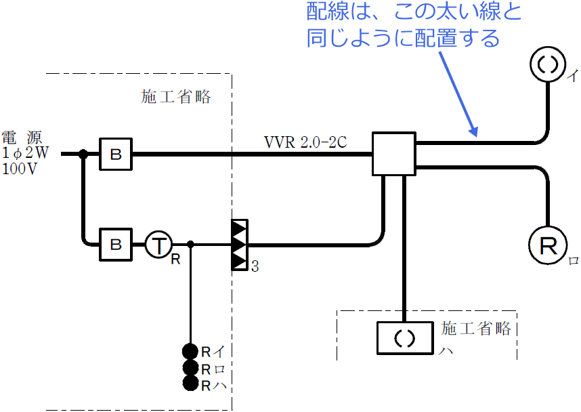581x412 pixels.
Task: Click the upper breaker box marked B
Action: [116, 154]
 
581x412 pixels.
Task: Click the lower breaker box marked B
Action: [116, 243]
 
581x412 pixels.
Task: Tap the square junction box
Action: [393, 154]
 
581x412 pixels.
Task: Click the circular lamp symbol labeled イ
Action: [547, 65]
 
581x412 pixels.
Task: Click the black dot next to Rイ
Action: [190, 351]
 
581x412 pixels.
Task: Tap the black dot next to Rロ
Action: [190, 368]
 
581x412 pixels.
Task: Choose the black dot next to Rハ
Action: [190, 384]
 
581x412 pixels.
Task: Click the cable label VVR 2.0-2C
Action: [306, 144]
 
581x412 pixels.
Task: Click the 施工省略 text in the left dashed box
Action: [176, 97]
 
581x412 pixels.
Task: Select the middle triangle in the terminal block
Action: [238, 244]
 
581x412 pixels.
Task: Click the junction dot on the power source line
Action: [83, 154]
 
